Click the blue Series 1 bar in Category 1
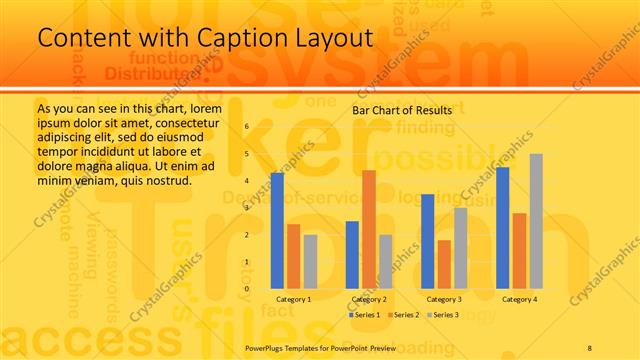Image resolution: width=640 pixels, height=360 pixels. [x=277, y=231]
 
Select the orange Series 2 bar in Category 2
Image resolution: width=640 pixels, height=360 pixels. [x=369, y=230]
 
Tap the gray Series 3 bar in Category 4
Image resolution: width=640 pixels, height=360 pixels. [x=536, y=221]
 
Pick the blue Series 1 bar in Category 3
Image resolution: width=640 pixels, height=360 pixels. [x=428, y=241]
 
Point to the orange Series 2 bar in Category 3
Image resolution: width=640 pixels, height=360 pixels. [x=444, y=264]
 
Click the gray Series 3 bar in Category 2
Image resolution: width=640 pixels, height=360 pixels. [x=386, y=261]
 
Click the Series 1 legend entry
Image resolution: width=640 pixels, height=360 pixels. [x=366, y=315]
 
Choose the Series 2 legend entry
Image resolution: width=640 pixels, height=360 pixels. [x=405, y=315]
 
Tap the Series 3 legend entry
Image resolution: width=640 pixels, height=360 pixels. [x=444, y=315]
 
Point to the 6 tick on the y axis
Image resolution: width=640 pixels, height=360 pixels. [x=246, y=127]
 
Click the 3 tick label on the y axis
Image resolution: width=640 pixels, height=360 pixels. [x=246, y=208]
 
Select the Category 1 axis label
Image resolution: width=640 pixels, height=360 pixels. [x=294, y=299]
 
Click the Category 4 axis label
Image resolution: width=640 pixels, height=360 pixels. [x=519, y=299]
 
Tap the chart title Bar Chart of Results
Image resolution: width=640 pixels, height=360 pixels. [x=402, y=109]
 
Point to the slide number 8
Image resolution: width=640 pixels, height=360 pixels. [x=590, y=347]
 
